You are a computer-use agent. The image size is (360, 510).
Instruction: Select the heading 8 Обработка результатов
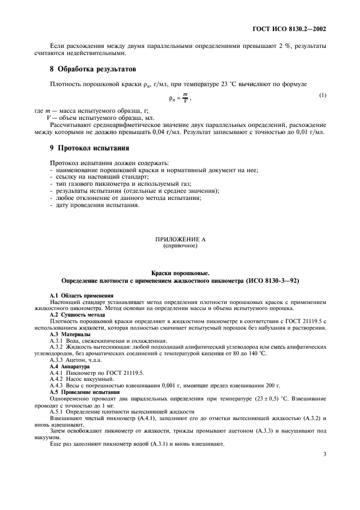pyautogui.click(x=93, y=69)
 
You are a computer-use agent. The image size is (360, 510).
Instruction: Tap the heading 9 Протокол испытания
pyautogui.click(x=89, y=148)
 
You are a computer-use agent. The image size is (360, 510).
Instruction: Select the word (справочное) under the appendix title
pyautogui.click(x=180, y=245)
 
